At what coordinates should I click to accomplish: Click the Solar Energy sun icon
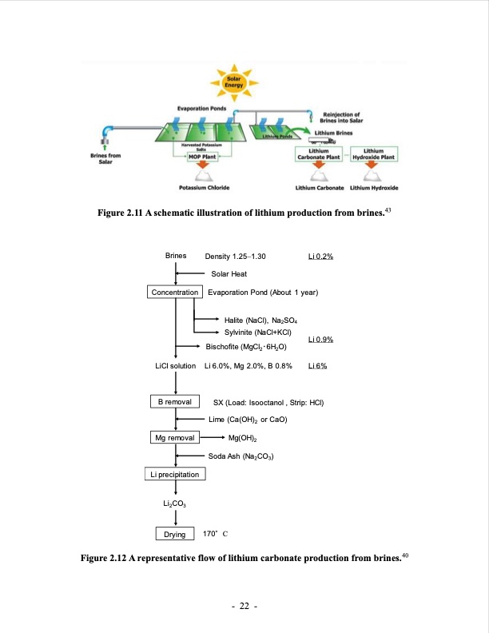(234, 82)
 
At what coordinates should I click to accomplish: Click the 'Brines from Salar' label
(105, 158)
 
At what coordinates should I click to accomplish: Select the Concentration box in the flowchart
(176, 293)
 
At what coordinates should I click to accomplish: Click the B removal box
(176, 401)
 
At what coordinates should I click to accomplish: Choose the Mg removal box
(176, 438)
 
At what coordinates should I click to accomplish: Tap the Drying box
(175, 534)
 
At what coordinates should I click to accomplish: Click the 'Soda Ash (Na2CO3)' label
(241, 456)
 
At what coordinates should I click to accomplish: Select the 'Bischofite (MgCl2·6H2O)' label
(246, 348)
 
